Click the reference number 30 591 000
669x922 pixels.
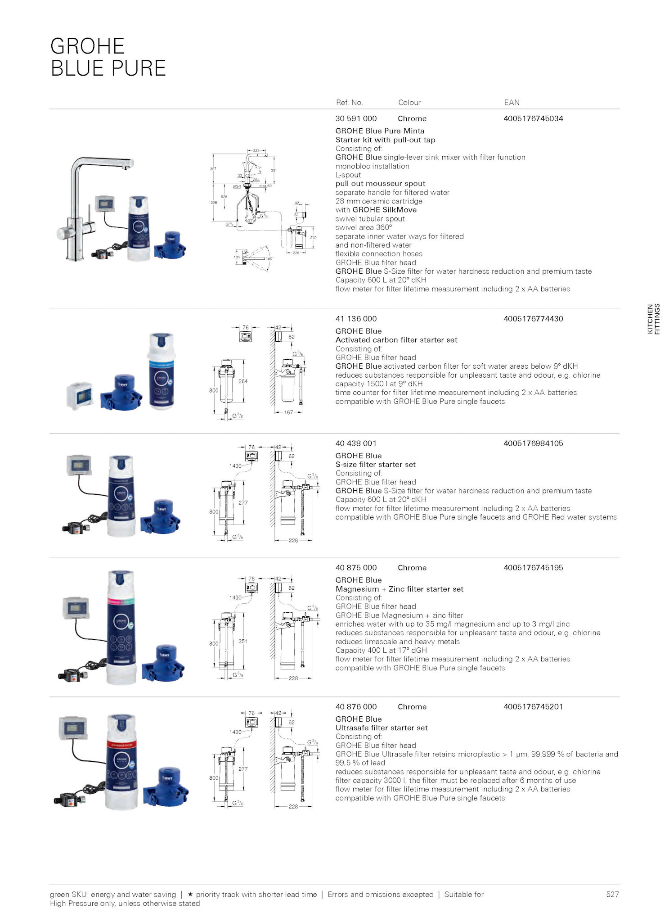[x=356, y=118]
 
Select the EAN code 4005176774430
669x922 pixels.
[x=533, y=319]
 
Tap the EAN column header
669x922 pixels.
[x=512, y=103]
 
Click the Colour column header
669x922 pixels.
[x=409, y=103]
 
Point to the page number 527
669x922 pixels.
[x=612, y=894]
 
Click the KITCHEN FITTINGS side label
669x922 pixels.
[x=653, y=319]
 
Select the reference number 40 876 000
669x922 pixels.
[x=356, y=706]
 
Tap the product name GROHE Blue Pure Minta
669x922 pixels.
[x=380, y=131]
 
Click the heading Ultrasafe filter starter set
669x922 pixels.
[x=381, y=728]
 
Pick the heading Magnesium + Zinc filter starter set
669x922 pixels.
[x=399, y=589]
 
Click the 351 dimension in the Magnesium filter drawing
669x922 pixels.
[x=243, y=641]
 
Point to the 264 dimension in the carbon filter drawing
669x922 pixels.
[x=243, y=381]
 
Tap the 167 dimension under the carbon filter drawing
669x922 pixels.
[x=288, y=412]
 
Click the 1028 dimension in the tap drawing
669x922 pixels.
[x=213, y=203]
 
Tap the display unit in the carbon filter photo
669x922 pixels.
[x=80, y=396]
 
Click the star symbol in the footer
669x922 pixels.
[x=190, y=894]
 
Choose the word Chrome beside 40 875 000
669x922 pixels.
[x=412, y=568]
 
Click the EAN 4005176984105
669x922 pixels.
[x=533, y=443]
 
